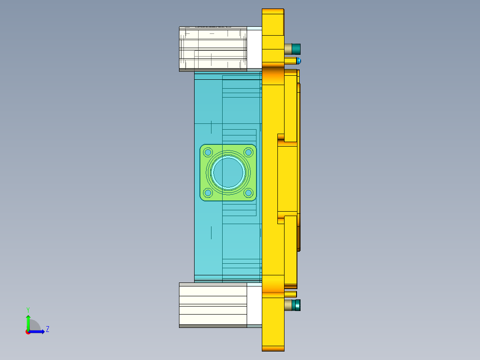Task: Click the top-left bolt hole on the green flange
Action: point(208,152)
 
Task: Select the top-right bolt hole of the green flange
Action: point(248,152)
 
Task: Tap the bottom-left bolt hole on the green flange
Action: point(208,192)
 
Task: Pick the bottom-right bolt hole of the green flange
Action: point(248,192)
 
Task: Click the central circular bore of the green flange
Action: point(228,172)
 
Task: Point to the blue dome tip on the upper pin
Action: point(299,61)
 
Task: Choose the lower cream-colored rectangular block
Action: point(213,305)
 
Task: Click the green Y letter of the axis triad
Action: point(28,309)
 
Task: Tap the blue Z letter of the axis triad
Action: point(47,329)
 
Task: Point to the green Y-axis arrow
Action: point(28,322)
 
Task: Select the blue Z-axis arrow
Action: point(38,331)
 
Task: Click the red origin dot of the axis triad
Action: point(28,332)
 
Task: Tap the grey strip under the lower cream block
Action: point(213,326)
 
